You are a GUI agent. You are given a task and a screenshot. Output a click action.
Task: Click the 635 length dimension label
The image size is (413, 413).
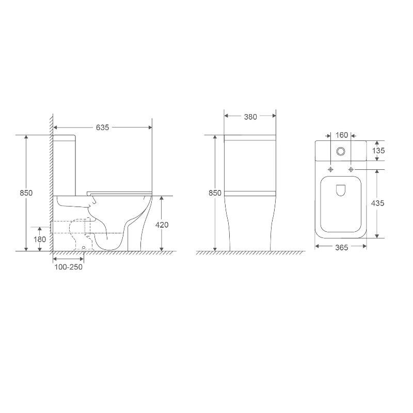point(102,128)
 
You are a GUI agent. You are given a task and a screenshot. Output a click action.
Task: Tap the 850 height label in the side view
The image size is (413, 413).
point(26,193)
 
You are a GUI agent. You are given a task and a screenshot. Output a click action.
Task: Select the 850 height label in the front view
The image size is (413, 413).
point(215,193)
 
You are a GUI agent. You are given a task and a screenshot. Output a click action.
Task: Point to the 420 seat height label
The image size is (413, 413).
point(162,225)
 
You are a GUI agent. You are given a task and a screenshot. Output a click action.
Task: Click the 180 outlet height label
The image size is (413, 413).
point(40,239)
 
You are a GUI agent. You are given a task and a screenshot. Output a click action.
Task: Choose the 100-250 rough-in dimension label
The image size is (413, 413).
point(69,267)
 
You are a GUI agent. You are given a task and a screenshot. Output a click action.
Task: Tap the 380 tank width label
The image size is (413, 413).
point(250,117)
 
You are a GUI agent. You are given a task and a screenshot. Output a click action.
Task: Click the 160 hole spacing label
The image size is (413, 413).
point(342,135)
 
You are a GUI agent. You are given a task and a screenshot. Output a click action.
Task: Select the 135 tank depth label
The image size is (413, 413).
point(378,151)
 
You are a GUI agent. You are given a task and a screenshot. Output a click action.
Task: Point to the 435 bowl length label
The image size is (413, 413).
point(378,203)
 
